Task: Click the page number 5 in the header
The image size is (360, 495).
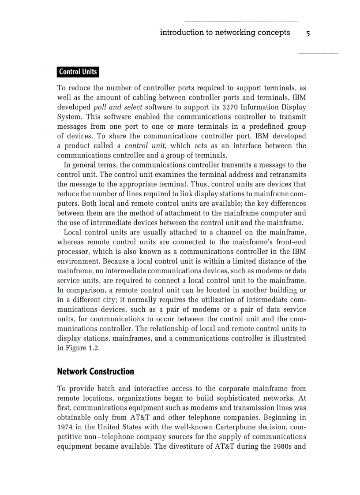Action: click(308, 33)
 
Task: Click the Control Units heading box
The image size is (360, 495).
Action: click(78, 72)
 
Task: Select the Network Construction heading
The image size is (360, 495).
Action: click(96, 372)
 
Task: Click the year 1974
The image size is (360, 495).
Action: click(66, 427)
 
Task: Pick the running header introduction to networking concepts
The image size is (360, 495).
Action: click(225, 33)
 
